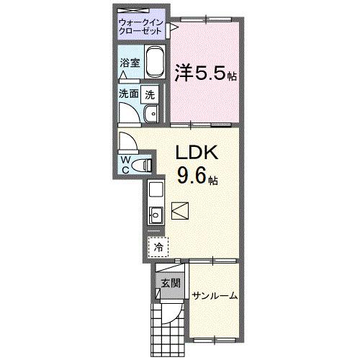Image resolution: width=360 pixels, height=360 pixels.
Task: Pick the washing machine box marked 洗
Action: (150, 94)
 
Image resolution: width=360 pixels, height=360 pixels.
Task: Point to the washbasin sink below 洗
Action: (152, 114)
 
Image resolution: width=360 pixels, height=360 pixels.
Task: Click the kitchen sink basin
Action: (156, 213)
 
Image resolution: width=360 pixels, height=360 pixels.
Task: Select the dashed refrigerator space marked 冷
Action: (158, 247)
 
